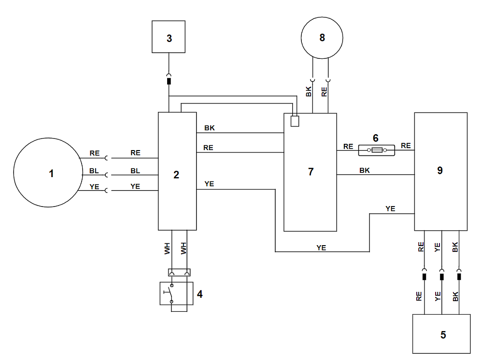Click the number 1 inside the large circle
51,173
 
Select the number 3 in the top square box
169,38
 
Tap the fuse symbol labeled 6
376,151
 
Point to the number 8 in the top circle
322,38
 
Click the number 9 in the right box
439,170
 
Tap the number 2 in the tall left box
176,175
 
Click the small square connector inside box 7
295,121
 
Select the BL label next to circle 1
94,171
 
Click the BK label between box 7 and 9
365,170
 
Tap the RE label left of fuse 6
348,146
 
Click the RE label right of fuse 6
406,146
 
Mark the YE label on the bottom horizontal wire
321,248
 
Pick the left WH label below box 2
167,248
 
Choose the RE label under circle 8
325,91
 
